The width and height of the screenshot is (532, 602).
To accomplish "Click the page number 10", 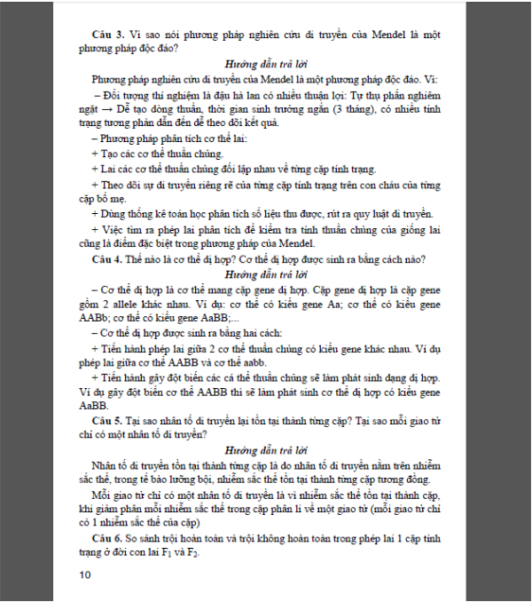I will pos(85,574).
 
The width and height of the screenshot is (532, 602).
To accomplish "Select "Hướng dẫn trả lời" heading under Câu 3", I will pos(265,66).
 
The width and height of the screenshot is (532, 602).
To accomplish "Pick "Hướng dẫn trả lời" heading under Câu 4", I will pos(265,274).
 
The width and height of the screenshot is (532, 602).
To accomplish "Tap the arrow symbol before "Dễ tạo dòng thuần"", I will pos(100,109).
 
